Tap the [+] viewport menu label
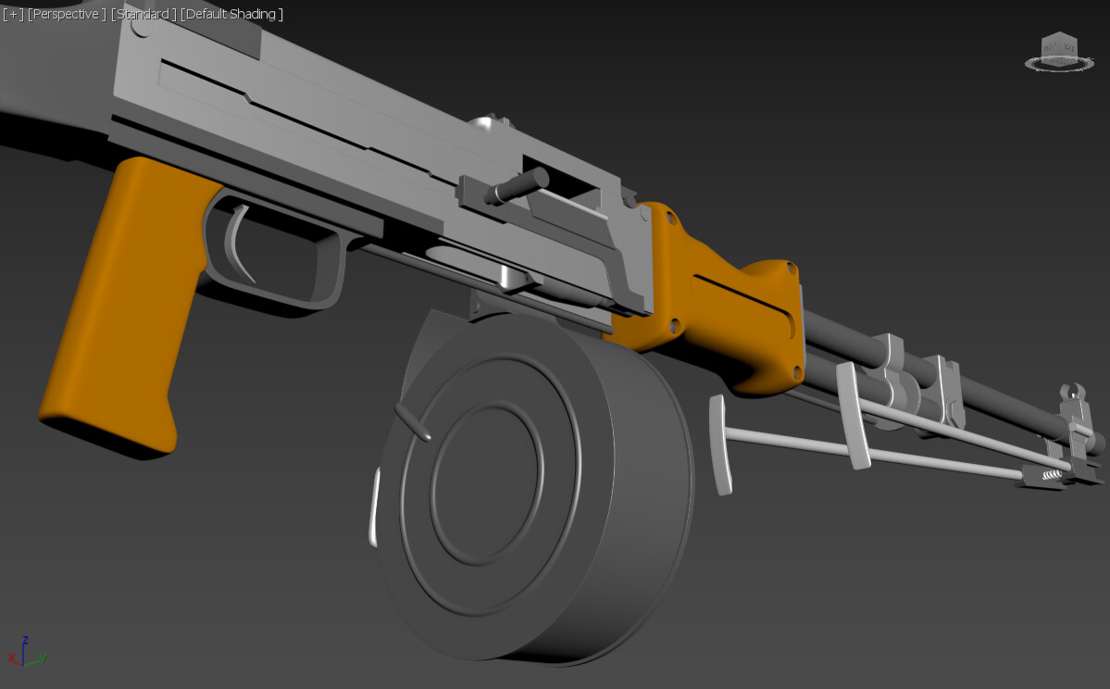[x=12, y=14]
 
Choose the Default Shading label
[x=231, y=14]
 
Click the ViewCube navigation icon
[x=1059, y=52]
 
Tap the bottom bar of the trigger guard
[x=278, y=294]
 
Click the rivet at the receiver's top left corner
[x=139, y=29]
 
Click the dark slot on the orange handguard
[x=741, y=294]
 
